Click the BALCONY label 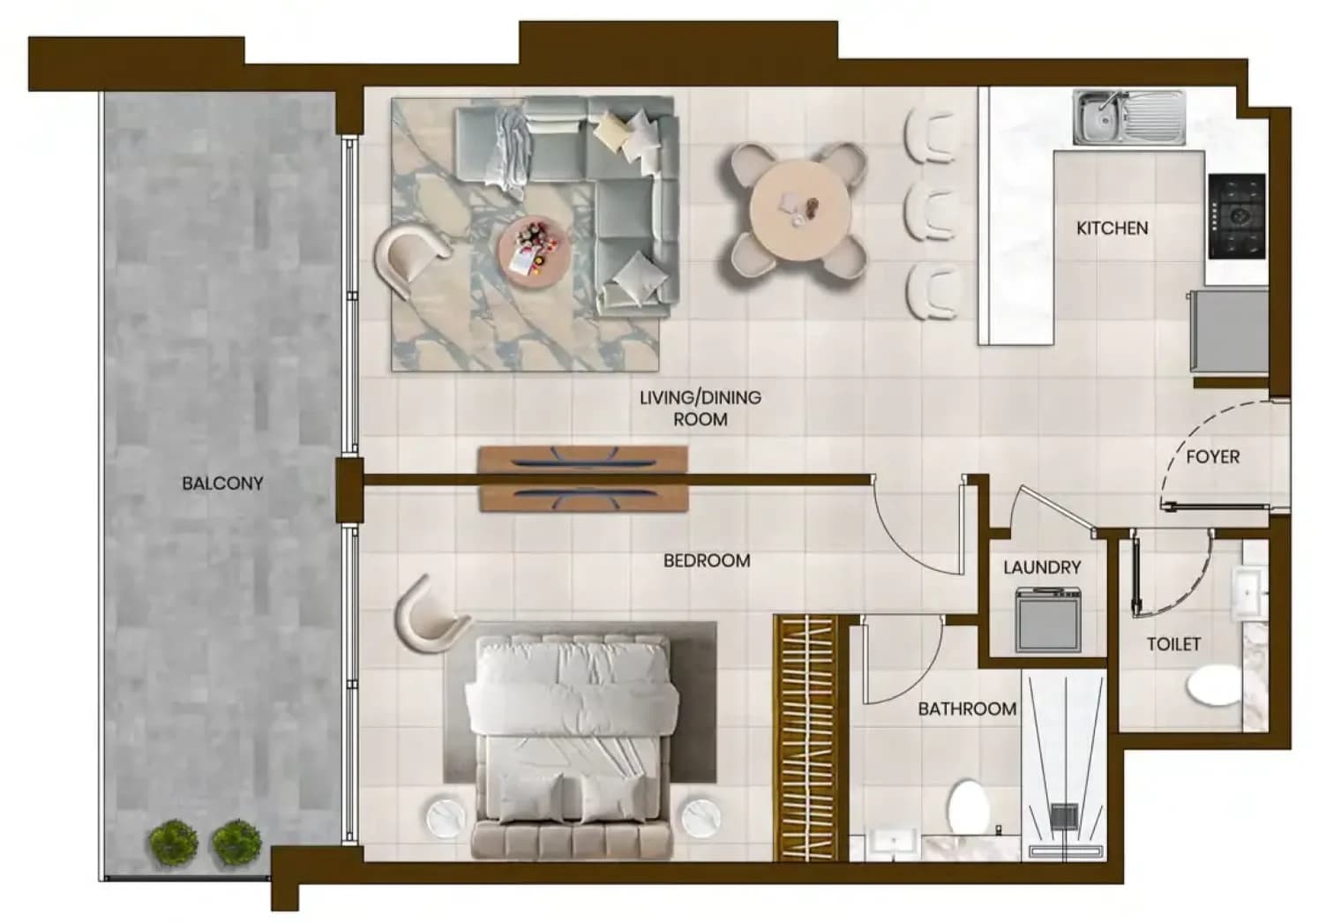pyautogui.click(x=222, y=483)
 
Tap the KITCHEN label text pyautogui.click(x=1112, y=228)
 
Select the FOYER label pyautogui.click(x=1212, y=456)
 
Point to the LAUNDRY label pyautogui.click(x=1042, y=567)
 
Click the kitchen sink pyautogui.click(x=1128, y=118)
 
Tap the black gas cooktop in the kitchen pyautogui.click(x=1237, y=216)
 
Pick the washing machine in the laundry pyautogui.click(x=1048, y=619)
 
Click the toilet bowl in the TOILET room pyautogui.click(x=1213, y=685)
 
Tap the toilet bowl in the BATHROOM pyautogui.click(x=969, y=807)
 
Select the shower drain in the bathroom pyautogui.click(x=1063, y=816)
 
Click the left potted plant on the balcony pyautogui.click(x=173, y=843)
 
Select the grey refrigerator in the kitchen pyautogui.click(x=1228, y=330)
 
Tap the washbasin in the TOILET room pyautogui.click(x=1248, y=590)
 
